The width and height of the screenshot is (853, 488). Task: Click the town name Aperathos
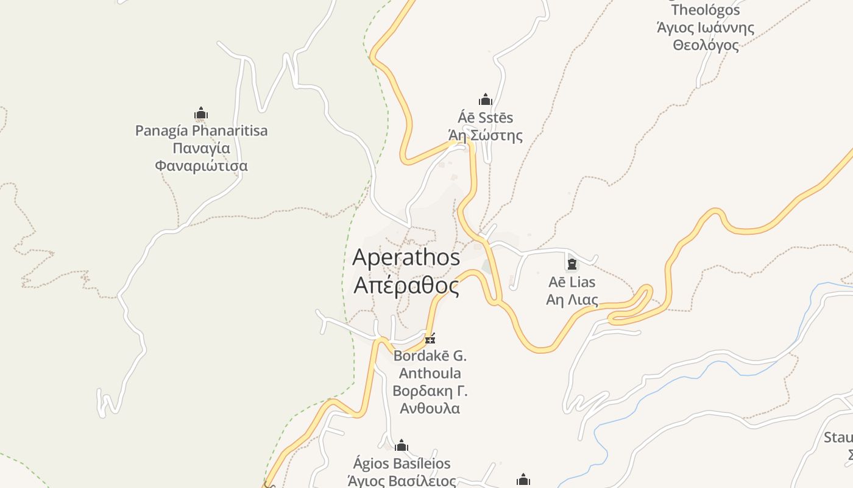tap(406, 257)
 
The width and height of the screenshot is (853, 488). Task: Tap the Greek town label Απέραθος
tap(406, 285)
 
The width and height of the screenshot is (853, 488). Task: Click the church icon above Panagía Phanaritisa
tap(201, 113)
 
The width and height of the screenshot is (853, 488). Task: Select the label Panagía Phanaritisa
tap(201, 131)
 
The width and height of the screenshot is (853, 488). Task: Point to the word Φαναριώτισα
tap(201, 166)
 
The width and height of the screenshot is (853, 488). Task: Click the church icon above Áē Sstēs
tap(486, 99)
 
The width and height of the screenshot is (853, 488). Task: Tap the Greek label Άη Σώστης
tap(486, 135)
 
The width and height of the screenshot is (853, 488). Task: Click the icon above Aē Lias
tap(572, 264)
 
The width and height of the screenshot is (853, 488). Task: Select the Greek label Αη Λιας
tap(572, 300)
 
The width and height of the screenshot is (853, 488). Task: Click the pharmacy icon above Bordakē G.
tap(430, 339)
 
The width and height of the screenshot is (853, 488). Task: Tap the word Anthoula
tap(430, 373)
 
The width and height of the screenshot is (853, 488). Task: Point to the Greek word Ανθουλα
tap(430, 408)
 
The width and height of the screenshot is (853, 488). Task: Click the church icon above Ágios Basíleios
tap(402, 446)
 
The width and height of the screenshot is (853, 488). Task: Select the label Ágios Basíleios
tap(402, 464)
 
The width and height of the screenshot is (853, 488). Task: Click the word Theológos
tap(706, 10)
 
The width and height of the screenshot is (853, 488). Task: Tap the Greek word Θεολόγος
tap(706, 45)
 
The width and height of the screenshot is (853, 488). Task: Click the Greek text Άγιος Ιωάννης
tap(706, 27)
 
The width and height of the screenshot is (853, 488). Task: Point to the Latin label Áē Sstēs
tap(486, 117)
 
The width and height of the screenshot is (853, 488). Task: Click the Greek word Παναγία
tap(201, 148)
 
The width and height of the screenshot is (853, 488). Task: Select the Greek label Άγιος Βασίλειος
tap(402, 481)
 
